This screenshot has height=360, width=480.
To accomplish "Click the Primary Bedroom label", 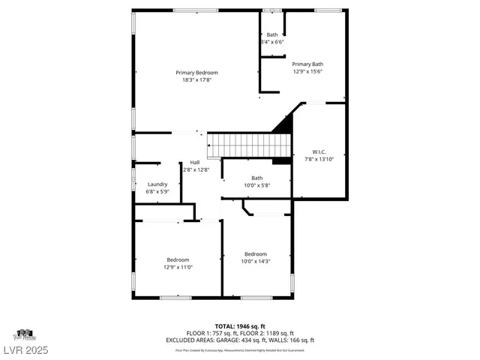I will click(x=202, y=72).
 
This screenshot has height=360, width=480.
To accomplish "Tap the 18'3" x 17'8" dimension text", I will click(x=202, y=80).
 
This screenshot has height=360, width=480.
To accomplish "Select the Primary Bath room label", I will click(x=307, y=64).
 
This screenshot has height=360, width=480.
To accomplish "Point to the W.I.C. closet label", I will click(x=319, y=151).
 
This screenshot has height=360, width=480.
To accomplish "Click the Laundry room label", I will click(x=157, y=184).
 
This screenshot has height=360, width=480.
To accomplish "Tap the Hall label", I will click(x=195, y=162).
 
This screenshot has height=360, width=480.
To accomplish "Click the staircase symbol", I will click(x=248, y=142).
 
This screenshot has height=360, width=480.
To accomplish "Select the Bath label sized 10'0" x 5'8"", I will click(x=257, y=178).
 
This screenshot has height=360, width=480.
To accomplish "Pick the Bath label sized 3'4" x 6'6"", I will click(x=271, y=34).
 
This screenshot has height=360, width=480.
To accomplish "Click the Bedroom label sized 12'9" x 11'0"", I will click(x=178, y=259).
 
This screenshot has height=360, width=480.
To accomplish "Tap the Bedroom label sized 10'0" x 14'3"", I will click(x=256, y=253).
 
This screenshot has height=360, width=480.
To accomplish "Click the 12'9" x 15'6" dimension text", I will click(x=307, y=73).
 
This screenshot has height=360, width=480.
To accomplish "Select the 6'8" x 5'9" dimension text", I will click(x=157, y=192).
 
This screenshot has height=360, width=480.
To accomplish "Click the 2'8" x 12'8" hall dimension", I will click(x=195, y=170).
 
